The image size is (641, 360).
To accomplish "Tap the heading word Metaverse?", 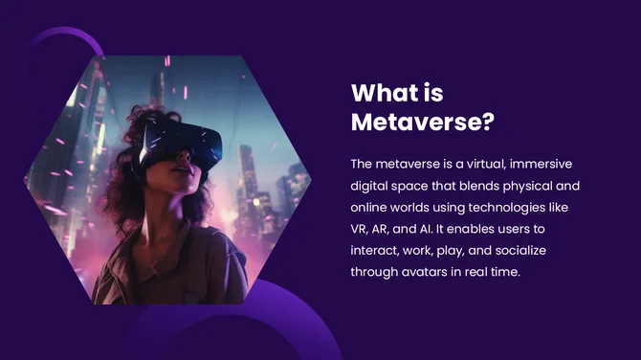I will pyautogui.click(x=422, y=124).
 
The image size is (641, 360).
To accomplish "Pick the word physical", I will pyautogui.click(x=530, y=186).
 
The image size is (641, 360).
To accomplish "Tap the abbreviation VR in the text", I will pyautogui.click(x=360, y=229).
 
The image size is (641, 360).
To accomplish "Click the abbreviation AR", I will pyautogui.click(x=386, y=229).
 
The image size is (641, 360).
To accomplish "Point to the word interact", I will pyautogui.click(x=375, y=250).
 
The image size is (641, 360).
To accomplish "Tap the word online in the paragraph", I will pyautogui.click(x=371, y=207).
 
